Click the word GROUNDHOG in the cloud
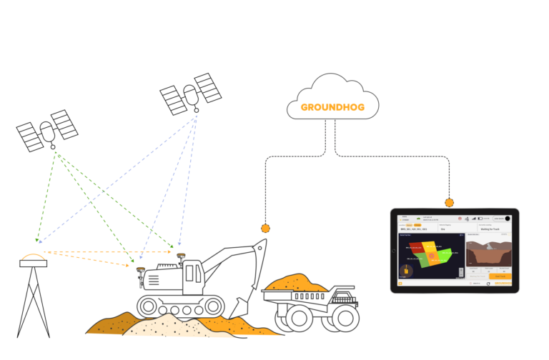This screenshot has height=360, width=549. pyautogui.click(x=333, y=108)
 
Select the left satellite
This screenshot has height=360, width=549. pyautogui.click(x=47, y=131)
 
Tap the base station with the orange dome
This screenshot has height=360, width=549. pyautogui.click(x=33, y=259)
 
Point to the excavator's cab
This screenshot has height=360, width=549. pyautogui.click(x=193, y=272)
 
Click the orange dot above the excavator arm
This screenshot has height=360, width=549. pyautogui.click(x=265, y=229)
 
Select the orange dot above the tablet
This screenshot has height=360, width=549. pyautogui.click(x=449, y=203)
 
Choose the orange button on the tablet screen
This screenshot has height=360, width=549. pyautogui.click(x=500, y=276)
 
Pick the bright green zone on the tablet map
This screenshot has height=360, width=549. pyautogui.click(x=445, y=254)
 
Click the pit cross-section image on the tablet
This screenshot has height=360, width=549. pyautogui.click(x=489, y=254)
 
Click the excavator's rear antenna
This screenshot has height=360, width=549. pyautogui.click(x=140, y=269)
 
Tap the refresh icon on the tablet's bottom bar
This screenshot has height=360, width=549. pyautogui.click(x=488, y=284)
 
